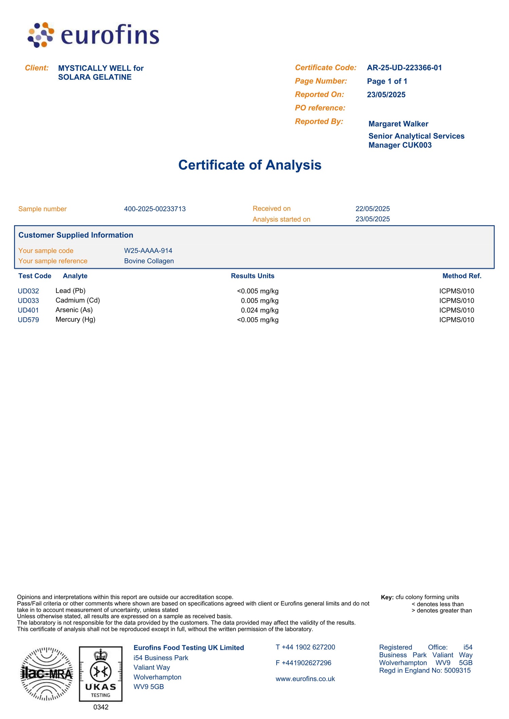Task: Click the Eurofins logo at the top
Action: coord(93,35)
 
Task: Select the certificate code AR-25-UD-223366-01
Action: coord(404,68)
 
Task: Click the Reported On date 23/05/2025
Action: coord(386,95)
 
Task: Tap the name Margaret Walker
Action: coord(398,124)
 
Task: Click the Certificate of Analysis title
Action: coord(250,165)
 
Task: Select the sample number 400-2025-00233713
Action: coord(155,209)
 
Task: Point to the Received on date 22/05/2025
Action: coord(372,209)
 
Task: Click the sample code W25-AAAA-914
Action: coord(148,251)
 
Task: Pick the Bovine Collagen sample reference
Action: coord(149,261)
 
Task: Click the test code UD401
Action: coord(28,310)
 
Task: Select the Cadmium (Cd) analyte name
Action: coord(78,300)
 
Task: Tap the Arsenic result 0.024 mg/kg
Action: coord(259,310)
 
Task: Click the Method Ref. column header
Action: coord(461,276)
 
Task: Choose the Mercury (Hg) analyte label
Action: coord(75,320)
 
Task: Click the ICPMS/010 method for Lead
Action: coord(456,291)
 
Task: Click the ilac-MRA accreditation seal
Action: coord(47,674)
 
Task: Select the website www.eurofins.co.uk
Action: coord(305,679)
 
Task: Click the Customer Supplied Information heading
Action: coord(76,235)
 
